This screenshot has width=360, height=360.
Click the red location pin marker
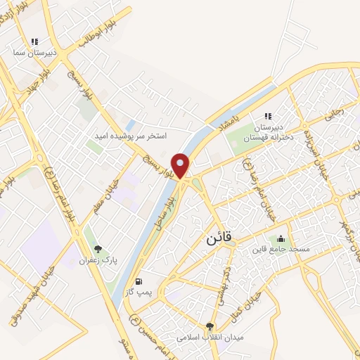[x=181, y=165]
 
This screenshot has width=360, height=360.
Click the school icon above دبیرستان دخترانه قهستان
[x=267, y=116]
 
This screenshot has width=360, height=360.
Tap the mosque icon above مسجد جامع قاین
[x=281, y=238]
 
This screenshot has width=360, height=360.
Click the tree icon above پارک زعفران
[x=98, y=249]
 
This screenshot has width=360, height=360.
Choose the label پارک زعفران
[x=98, y=261]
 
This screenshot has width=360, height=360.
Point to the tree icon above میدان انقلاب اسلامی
[x=210, y=326]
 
